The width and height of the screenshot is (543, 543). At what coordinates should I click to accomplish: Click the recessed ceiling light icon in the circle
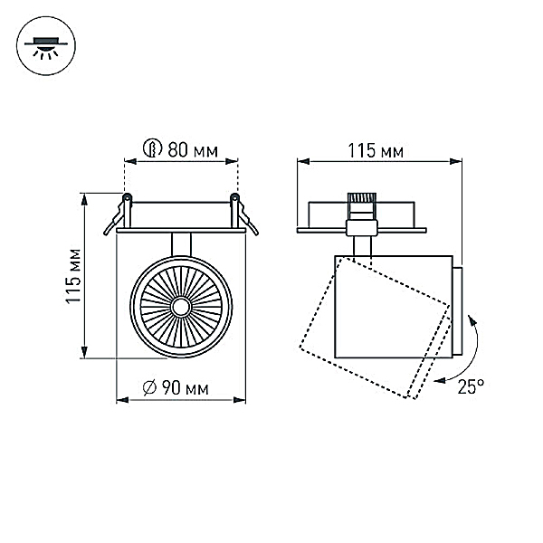coord(46,47)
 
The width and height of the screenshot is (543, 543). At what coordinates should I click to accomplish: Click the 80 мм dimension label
coord(193,150)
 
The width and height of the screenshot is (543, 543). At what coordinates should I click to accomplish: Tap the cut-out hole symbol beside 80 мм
coord(153,148)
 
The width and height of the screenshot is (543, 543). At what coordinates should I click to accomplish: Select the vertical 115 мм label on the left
coord(73,276)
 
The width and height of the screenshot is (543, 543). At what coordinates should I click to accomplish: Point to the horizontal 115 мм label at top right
coord(376,151)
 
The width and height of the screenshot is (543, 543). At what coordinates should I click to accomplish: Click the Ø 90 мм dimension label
coord(176,388)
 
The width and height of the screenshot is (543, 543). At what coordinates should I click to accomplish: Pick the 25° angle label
coord(471,386)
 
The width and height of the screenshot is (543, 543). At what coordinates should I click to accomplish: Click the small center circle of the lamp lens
coord(181,307)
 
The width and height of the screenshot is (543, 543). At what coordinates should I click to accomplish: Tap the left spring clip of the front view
coord(118,214)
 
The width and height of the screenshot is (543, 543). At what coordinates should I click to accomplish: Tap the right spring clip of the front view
coord(244,214)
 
